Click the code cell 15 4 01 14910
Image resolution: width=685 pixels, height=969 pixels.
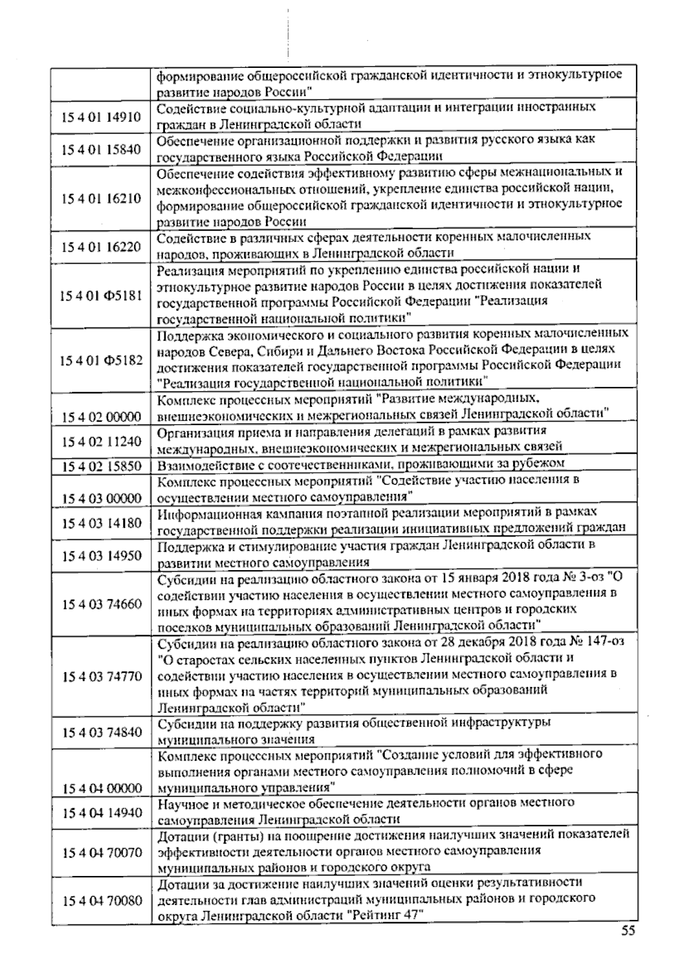coord(101,118)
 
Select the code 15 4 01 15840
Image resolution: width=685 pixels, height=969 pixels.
coord(101,150)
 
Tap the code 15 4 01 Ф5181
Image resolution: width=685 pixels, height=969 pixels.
coord(101,296)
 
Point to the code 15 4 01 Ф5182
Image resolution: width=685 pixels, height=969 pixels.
coord(101,361)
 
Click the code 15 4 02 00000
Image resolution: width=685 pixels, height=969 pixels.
coord(101,417)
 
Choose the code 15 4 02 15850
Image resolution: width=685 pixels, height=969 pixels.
coord(101,466)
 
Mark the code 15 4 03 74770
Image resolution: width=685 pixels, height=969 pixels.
coord(101,677)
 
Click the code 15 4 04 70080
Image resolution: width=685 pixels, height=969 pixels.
coord(101,901)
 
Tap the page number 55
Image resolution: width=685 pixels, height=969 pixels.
coord(628,932)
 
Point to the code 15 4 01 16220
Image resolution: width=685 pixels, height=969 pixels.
coord(101,247)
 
